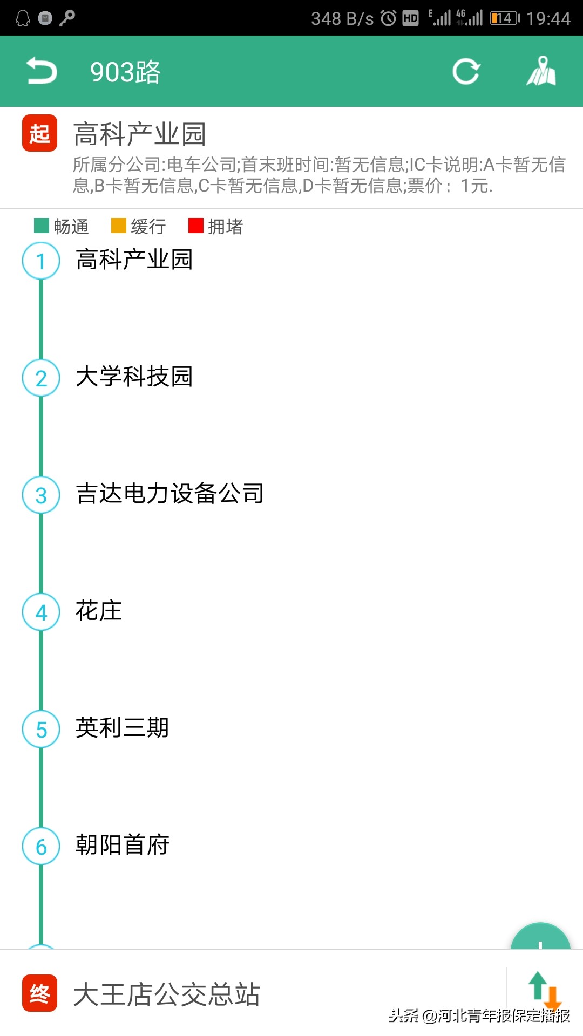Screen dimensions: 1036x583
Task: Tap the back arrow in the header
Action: (x=42, y=71)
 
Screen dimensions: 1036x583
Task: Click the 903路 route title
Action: (x=125, y=72)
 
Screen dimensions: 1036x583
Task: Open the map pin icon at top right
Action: (x=541, y=71)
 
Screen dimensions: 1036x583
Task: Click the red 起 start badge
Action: (x=39, y=133)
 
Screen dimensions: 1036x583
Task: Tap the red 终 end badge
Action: (x=39, y=993)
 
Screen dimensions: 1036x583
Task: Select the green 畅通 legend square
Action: (x=42, y=226)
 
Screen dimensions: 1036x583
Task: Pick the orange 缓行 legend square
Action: (x=118, y=226)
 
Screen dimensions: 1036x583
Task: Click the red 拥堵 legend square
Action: (x=195, y=226)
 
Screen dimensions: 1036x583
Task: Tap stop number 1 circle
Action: (x=41, y=261)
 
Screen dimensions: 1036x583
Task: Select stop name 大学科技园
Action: (x=134, y=377)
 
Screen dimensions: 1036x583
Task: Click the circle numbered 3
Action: (x=41, y=495)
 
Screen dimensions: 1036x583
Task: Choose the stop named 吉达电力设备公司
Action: (x=170, y=494)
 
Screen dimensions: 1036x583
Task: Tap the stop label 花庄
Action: (x=99, y=611)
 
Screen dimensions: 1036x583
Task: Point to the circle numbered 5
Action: (x=41, y=730)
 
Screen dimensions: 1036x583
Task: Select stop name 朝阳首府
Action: (x=123, y=845)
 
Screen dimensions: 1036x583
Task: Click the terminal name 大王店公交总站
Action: (x=167, y=994)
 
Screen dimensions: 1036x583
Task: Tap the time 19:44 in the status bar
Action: (x=548, y=19)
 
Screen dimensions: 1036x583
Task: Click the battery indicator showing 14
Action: (x=504, y=18)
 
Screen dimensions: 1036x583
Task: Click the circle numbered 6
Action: (x=41, y=847)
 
